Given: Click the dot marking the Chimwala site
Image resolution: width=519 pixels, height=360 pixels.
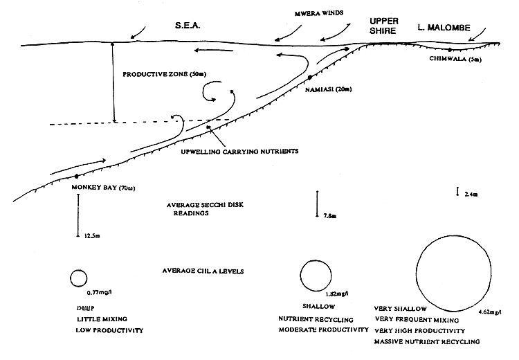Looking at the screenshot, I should (x=450, y=50).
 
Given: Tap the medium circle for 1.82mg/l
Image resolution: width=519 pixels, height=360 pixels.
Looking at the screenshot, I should (x=316, y=276).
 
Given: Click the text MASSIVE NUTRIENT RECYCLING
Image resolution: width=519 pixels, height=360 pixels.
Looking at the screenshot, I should (x=426, y=342).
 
